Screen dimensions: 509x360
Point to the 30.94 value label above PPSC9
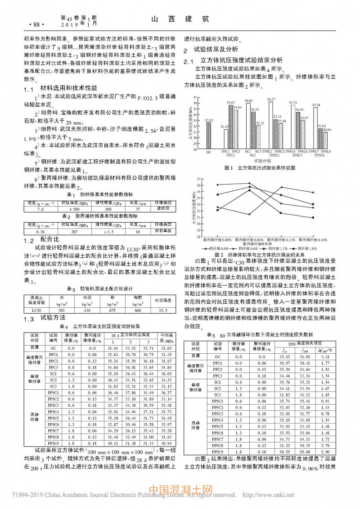326,130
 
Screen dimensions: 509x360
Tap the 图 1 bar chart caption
260,167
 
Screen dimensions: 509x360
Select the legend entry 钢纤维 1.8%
301,248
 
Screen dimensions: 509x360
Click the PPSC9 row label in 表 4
54,443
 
